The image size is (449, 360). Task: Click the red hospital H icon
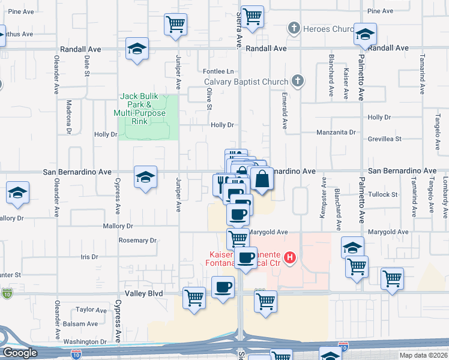tap(290, 258)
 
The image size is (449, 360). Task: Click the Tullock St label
tap(382, 194)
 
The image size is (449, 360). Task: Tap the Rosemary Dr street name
tap(137, 241)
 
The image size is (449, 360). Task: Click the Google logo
tap(20, 353)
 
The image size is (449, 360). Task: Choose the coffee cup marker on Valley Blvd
tap(223, 288)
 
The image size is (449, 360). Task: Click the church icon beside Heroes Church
tap(294, 28)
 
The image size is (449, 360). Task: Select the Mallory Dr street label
tap(118, 226)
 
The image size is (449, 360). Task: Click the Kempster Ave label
tap(325, 199)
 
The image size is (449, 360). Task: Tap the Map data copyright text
tap(424, 355)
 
